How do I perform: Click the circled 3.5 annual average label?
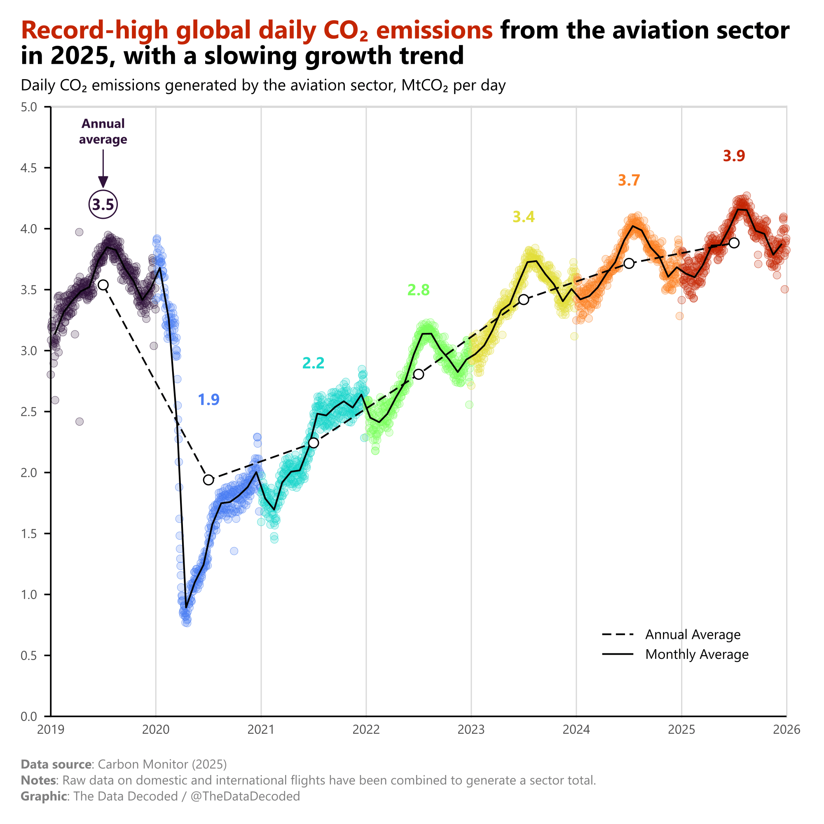pyautogui.click(x=103, y=205)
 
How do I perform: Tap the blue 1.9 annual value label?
pyautogui.click(x=208, y=400)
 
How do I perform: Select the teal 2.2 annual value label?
pyautogui.click(x=314, y=363)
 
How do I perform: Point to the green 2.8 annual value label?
pyautogui.click(x=419, y=290)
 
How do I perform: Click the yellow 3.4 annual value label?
pyautogui.click(x=523, y=218)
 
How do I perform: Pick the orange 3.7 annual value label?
pyautogui.click(x=629, y=181)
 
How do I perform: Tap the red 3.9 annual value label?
pyautogui.click(x=734, y=156)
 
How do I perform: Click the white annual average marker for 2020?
pyautogui.click(x=208, y=480)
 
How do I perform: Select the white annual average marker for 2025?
pyautogui.click(x=734, y=243)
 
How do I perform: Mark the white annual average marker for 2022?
pyautogui.click(x=419, y=374)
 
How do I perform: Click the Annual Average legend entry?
pyautogui.click(x=671, y=634)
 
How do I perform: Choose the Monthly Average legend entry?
pyautogui.click(x=675, y=654)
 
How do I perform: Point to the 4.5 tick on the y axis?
pyautogui.click(x=47, y=168)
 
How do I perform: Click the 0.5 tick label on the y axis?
pyautogui.click(x=29, y=655)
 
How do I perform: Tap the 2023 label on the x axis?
pyautogui.click(x=471, y=730)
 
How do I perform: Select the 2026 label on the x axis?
pyautogui.click(x=787, y=730)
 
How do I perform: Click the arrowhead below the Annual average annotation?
pyautogui.click(x=103, y=182)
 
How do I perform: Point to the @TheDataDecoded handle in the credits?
pyautogui.click(x=245, y=796)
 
